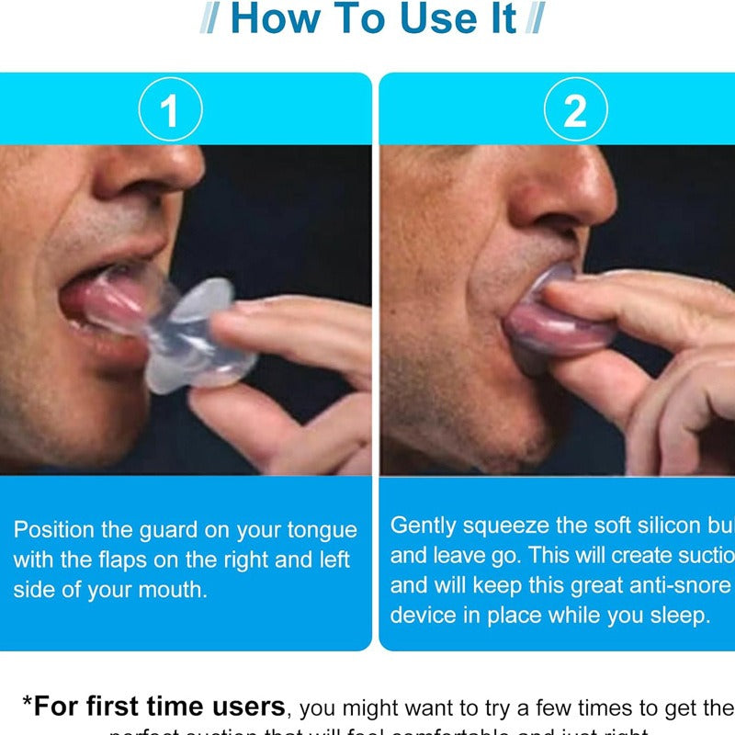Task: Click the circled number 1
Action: coord(170,110)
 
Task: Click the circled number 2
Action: coord(575,110)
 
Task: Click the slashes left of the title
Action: coord(210,19)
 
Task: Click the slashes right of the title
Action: coord(534,19)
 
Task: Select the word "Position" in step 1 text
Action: coord(51,530)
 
